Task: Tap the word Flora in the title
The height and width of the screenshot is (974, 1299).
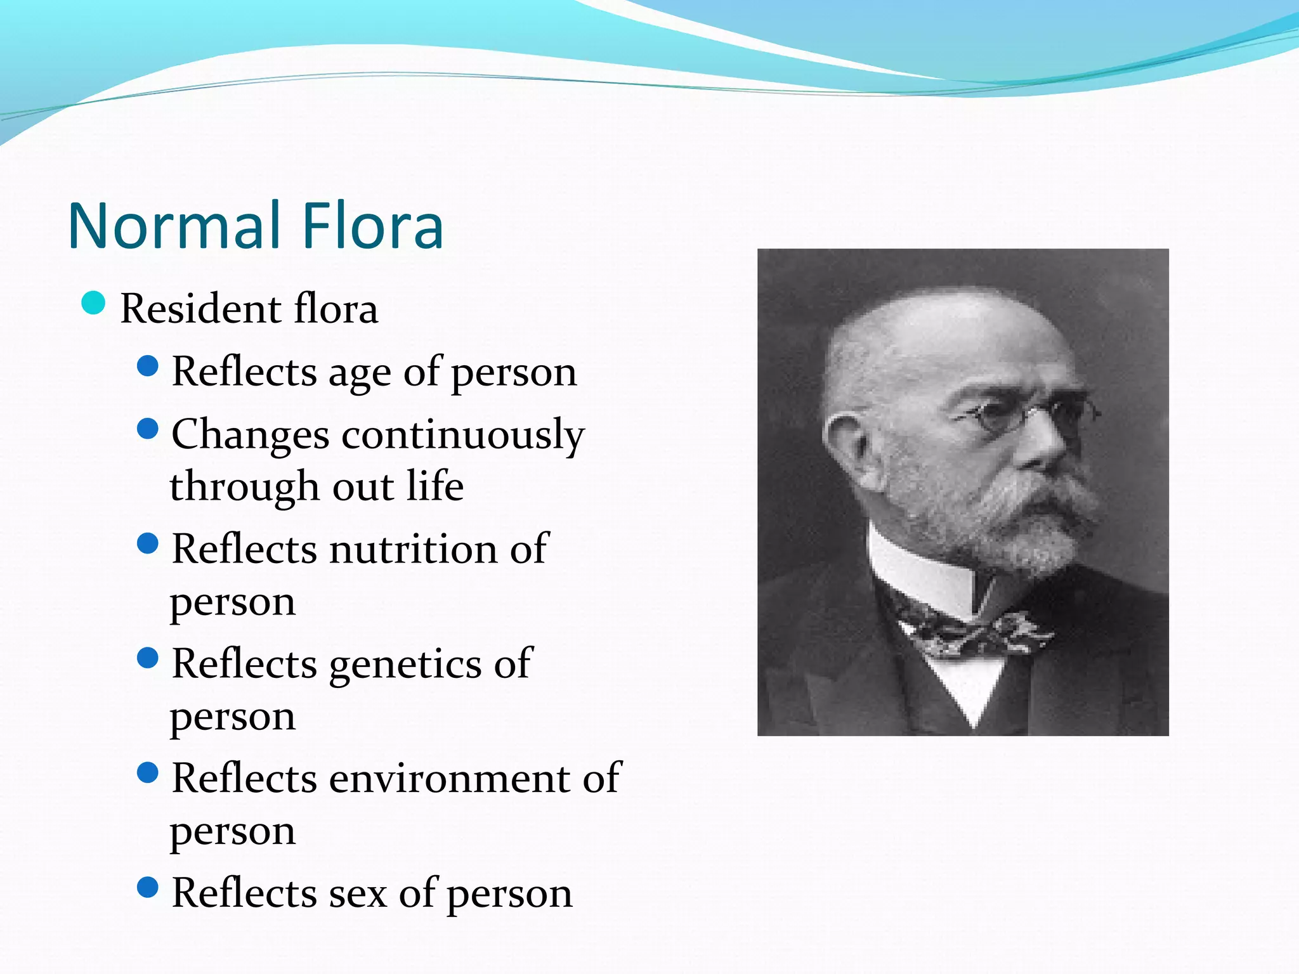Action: [372, 226]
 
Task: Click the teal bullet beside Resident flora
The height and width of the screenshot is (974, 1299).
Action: [93, 303]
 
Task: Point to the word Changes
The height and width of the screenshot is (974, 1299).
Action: [251, 436]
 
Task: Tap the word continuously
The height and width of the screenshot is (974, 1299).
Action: [463, 436]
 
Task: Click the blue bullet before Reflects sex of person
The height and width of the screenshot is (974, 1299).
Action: [147, 888]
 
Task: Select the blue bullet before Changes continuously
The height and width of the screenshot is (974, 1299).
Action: [147, 429]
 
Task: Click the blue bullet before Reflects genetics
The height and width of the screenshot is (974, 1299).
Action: [147, 658]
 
